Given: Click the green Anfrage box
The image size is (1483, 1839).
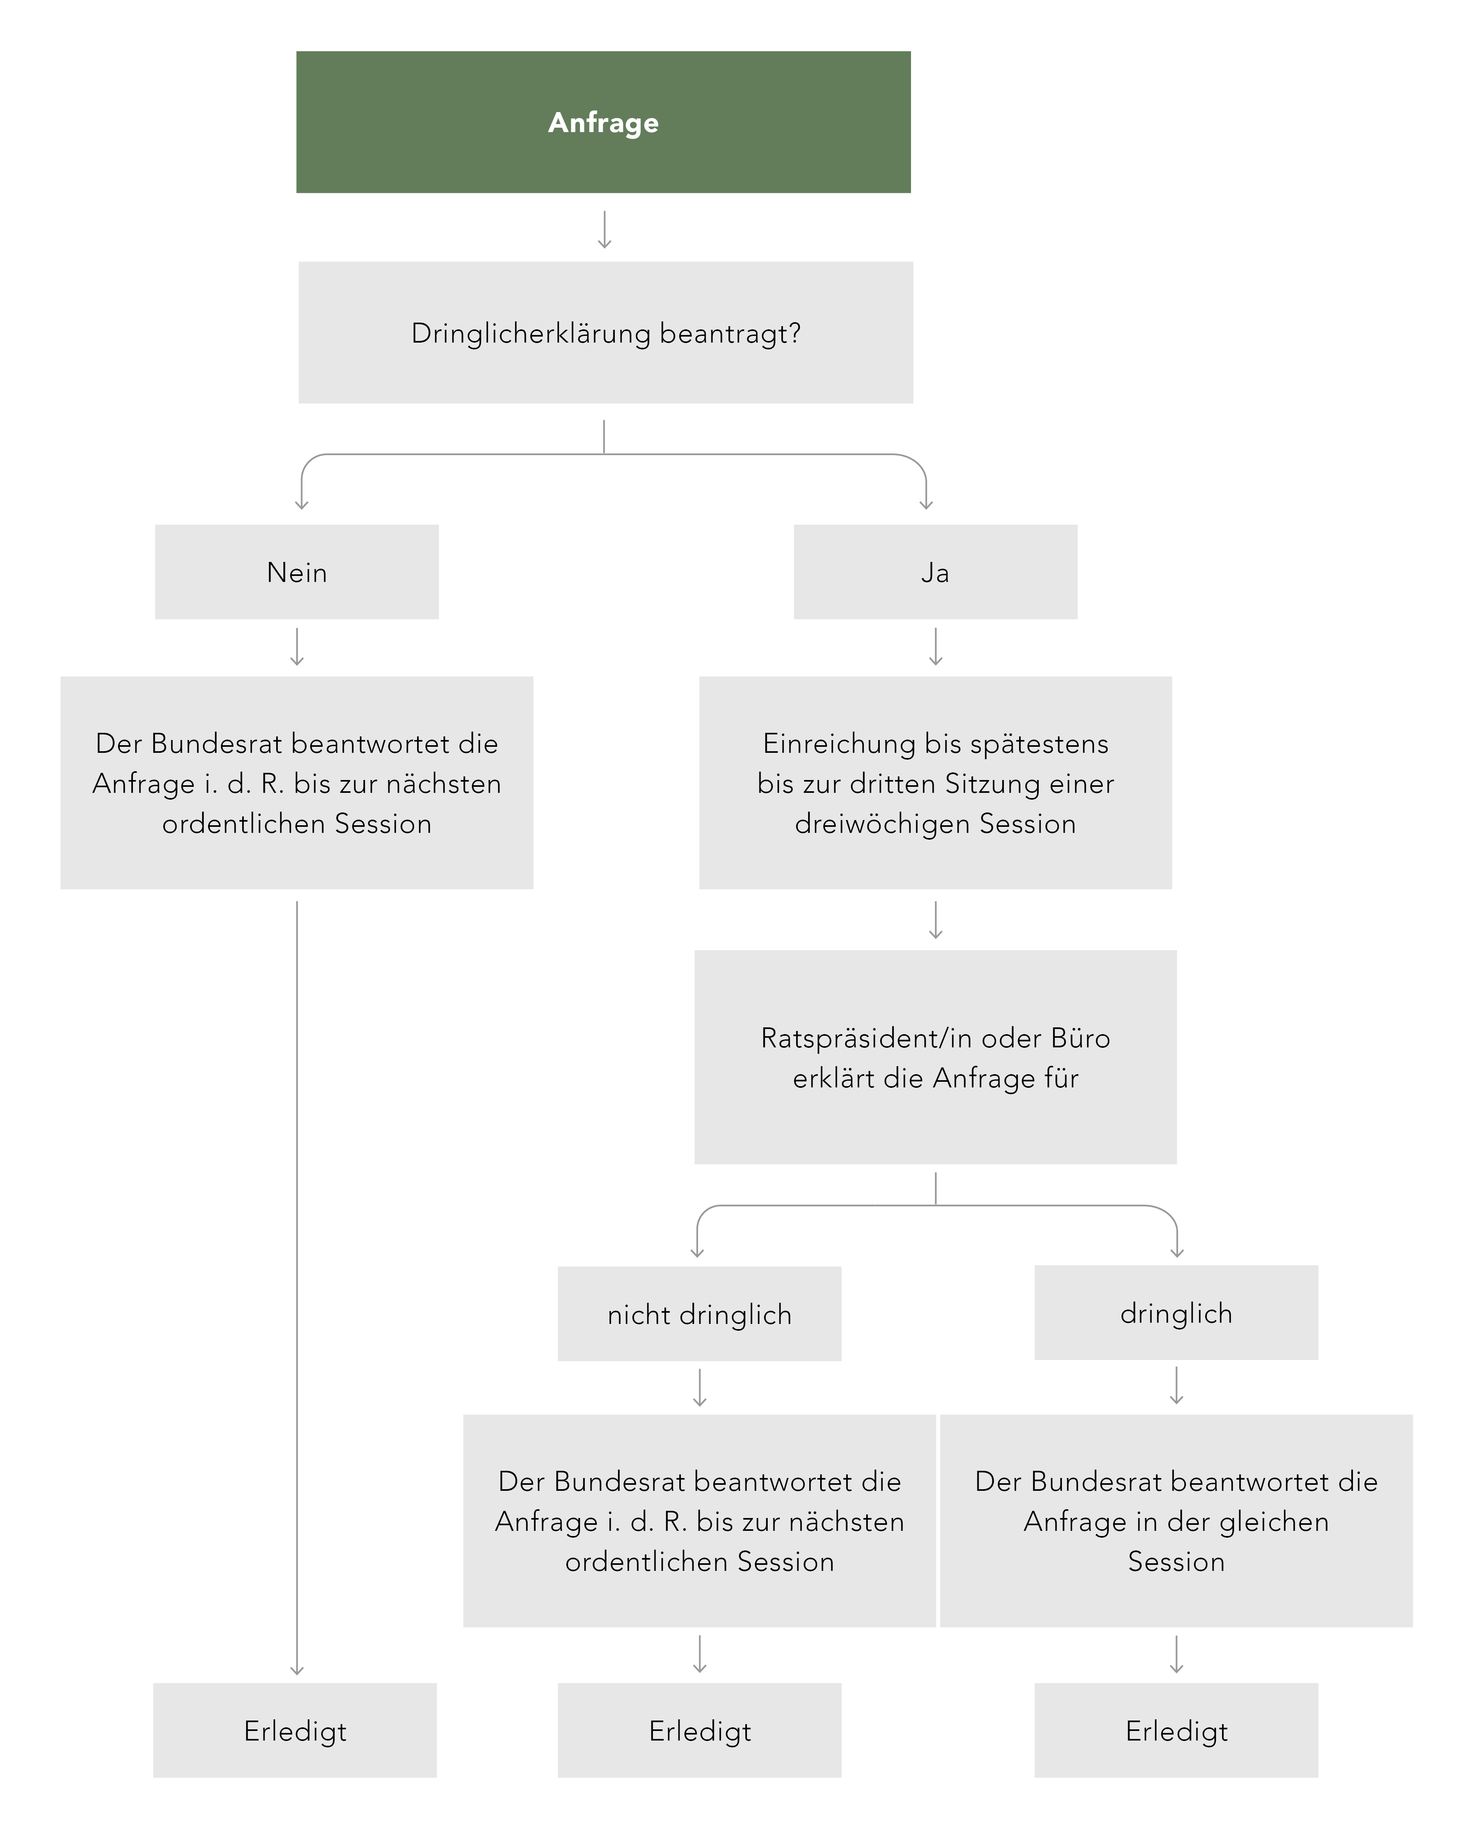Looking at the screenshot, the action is coord(603,122).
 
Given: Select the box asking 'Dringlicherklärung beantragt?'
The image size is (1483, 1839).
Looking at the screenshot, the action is coord(606,332).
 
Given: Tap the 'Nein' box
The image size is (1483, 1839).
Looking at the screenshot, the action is coord(297,572).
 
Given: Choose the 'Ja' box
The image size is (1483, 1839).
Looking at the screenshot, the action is coord(935,572).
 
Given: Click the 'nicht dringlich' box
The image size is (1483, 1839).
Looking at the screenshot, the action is coord(700,1314).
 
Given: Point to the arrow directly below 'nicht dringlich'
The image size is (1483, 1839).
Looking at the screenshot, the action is coord(700,1388).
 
